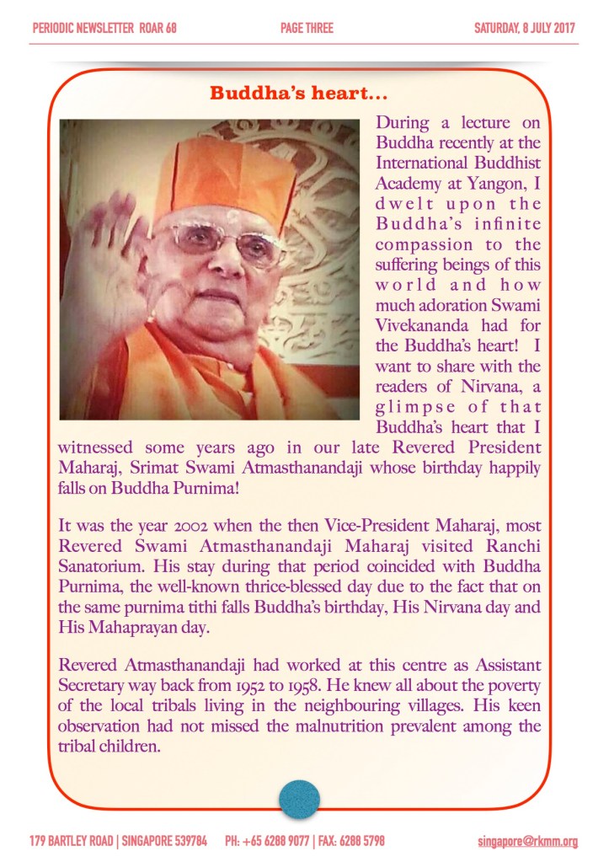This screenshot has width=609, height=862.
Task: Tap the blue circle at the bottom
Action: [299, 799]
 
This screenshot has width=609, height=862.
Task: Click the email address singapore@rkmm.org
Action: [526, 841]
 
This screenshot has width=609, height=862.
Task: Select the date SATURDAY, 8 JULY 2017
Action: [525, 28]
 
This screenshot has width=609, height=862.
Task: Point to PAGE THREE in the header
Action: [307, 28]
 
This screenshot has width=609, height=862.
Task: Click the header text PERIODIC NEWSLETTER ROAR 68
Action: [104, 28]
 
